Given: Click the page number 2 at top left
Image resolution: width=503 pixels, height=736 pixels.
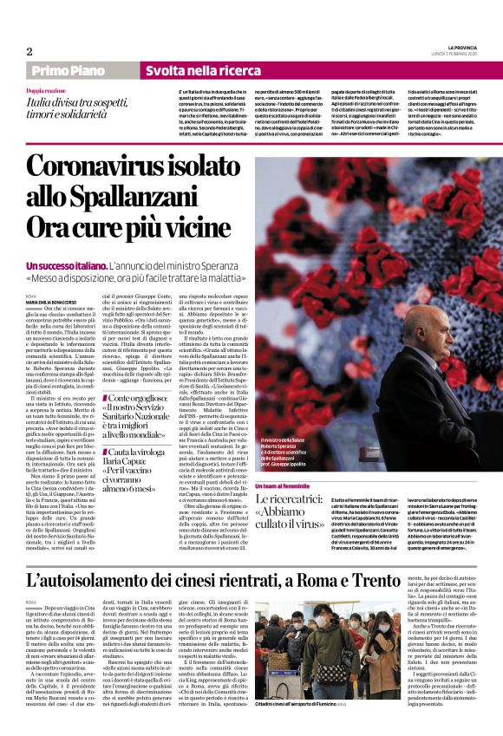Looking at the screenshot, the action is pos(29,51).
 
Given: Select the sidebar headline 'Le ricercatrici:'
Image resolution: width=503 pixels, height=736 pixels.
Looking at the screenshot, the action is pos(297,503).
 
